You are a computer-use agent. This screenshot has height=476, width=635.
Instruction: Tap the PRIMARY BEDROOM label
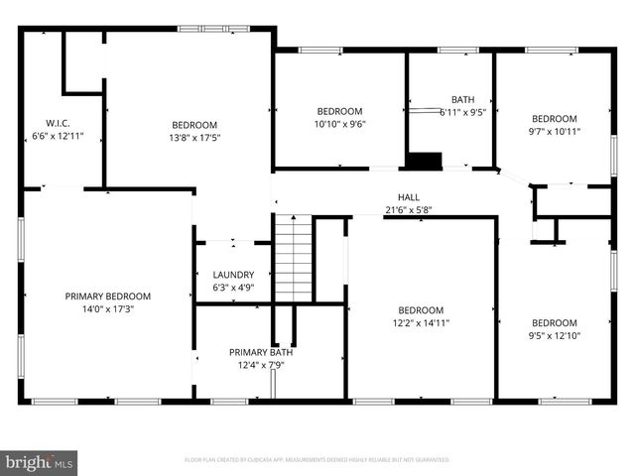coord(107,296)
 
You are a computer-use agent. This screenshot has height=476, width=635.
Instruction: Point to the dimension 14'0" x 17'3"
coord(107,308)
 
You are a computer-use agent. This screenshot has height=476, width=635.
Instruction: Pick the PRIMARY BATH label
coord(261,352)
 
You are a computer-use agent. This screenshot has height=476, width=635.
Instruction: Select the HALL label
coord(408,196)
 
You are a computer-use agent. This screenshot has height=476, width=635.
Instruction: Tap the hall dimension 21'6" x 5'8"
coord(408,209)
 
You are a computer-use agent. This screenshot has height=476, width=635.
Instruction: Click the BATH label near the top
coord(462,99)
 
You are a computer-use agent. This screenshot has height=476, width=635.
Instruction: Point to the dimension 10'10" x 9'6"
coord(339,124)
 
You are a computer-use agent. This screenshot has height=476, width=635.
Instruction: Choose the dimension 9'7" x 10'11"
coord(554,130)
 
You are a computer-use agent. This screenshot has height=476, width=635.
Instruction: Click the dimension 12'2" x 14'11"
coord(422,322)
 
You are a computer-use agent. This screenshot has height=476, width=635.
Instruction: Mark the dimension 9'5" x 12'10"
coord(554,335)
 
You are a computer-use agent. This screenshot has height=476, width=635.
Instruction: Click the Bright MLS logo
coord(40,461)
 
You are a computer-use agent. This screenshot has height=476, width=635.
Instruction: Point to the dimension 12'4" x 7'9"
coord(261,365)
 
